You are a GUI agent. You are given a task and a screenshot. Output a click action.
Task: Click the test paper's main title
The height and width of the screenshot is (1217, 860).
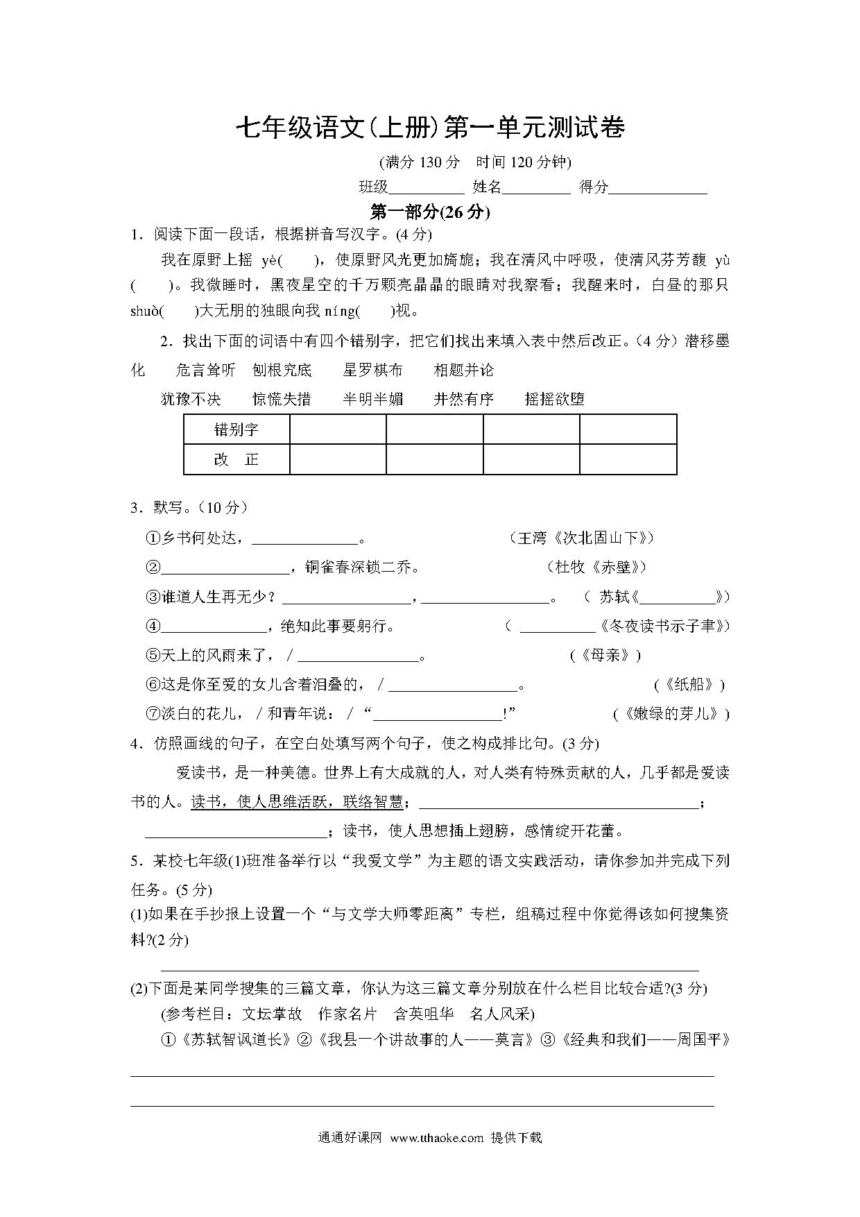[x=430, y=128]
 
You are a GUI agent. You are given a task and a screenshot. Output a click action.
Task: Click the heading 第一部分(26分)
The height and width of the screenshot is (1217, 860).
[x=430, y=212]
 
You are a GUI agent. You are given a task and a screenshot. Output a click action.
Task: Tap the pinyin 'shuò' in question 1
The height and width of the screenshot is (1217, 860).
[x=145, y=312]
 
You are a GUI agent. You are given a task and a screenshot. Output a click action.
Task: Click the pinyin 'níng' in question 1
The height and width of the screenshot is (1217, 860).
[x=339, y=312]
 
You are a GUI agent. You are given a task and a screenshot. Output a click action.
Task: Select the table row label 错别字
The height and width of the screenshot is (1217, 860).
[x=237, y=429]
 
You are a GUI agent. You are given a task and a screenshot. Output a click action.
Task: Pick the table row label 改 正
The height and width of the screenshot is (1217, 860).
[x=237, y=459]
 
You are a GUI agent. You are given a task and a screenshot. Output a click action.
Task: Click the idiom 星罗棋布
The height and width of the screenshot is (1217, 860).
[x=372, y=371]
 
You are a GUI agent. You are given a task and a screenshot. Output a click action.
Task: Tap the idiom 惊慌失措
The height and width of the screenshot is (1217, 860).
[x=282, y=399]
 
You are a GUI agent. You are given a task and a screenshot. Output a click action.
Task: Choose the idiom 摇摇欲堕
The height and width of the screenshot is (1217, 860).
[x=555, y=399]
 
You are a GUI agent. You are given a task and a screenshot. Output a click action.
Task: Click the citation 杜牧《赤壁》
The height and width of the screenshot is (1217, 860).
[x=596, y=567]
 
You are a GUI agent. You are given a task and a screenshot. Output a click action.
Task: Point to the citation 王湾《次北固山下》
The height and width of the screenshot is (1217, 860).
[x=583, y=538]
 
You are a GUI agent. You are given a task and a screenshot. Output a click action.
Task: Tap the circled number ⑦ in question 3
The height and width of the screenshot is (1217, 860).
[x=153, y=714]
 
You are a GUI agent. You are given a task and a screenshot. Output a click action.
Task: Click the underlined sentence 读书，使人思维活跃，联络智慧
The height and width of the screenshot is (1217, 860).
[x=296, y=802]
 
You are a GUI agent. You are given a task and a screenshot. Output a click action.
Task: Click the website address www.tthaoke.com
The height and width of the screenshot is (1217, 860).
[x=436, y=1138]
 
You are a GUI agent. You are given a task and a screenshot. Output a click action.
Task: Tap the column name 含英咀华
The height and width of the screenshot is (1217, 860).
[x=423, y=1014]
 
